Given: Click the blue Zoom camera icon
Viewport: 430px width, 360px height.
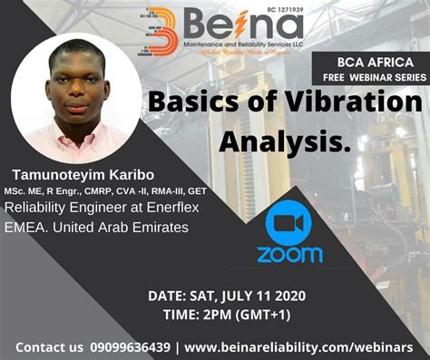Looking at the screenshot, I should tap(289, 224).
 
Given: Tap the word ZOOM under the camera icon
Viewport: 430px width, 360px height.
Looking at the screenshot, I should tap(289, 254).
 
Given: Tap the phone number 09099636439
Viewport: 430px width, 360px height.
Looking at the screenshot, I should tap(129, 347).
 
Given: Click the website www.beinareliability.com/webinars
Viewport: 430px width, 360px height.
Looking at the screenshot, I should tap(298, 347).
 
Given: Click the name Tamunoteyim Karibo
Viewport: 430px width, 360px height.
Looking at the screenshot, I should tap(83, 173).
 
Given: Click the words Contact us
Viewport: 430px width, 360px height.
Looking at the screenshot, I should tap(48, 347).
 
